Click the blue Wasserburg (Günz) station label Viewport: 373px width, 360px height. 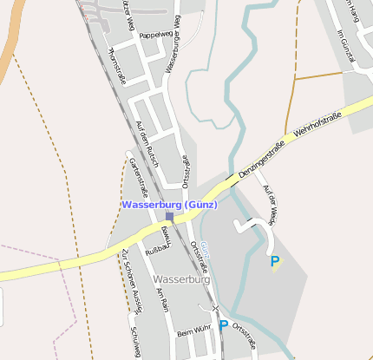coord(169,205)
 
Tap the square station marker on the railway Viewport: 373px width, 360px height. coord(170,216)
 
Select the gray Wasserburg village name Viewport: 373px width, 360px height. coord(181,280)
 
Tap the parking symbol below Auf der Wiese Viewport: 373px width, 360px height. coord(275,260)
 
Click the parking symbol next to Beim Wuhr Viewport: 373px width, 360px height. coord(223,325)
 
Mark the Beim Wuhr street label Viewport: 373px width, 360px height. coord(193,332)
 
